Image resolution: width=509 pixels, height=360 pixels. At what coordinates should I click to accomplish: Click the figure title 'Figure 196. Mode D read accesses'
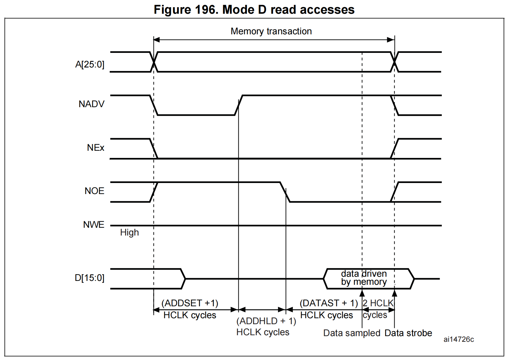coord(254,10)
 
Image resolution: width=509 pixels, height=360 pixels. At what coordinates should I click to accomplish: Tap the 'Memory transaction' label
coord(271,31)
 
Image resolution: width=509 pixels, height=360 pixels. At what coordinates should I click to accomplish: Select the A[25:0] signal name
coord(90,64)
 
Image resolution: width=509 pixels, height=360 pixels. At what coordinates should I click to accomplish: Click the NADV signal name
coord(91,104)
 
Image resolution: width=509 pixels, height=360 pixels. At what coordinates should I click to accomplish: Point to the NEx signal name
coord(96,147)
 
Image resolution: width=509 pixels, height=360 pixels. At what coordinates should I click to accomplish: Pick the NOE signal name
coord(94,191)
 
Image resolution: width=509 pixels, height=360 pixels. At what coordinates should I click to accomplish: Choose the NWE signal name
coord(93,224)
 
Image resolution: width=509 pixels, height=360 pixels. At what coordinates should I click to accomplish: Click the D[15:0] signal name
coord(89,278)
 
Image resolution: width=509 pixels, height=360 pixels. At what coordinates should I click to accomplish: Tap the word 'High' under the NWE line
coord(129,233)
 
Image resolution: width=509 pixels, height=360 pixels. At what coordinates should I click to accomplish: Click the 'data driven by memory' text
coord(364,278)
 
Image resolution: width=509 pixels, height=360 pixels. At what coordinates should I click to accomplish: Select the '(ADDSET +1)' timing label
coord(190,303)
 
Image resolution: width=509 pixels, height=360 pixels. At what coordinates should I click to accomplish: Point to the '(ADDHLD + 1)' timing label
coord(266,321)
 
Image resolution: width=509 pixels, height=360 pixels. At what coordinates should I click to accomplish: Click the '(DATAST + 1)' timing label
coord(329,303)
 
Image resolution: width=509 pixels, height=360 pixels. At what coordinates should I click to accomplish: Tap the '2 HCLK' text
coord(378,303)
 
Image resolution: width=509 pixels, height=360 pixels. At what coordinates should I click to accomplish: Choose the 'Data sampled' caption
coord(352,333)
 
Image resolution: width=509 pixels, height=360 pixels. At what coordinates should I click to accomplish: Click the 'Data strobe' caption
coord(408,333)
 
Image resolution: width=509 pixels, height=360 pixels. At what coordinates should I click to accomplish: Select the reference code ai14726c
coord(459,339)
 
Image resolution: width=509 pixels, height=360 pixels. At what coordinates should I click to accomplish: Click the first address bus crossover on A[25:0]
coord(154,62)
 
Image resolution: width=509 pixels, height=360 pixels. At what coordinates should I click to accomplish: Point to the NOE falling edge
coord(285,192)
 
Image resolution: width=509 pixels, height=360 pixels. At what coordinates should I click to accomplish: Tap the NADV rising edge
coord(239,105)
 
